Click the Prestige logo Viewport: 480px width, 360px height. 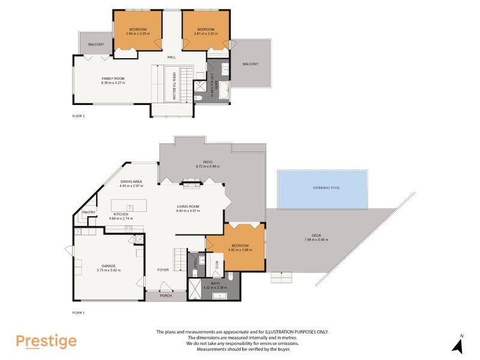46,341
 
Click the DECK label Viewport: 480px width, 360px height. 316,236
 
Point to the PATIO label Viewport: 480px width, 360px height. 208,162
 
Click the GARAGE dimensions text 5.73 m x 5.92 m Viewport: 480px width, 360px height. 109,270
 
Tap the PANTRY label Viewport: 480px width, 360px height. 88,212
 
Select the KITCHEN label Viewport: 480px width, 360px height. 121,214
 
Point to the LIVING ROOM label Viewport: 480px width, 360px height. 187,206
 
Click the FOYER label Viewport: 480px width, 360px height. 163,270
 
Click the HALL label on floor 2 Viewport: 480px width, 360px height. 171,57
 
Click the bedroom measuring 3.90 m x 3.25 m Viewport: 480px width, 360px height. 137,31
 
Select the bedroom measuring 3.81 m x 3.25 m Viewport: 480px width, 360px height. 206,31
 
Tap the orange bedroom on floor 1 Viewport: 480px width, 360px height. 239,247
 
